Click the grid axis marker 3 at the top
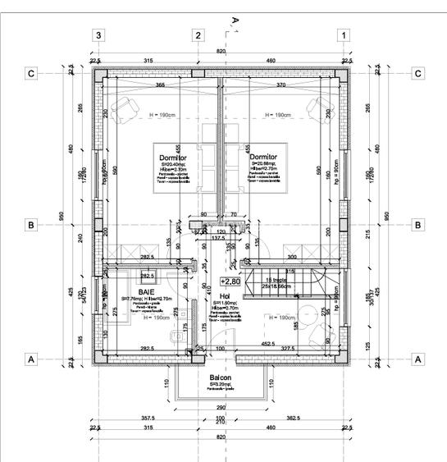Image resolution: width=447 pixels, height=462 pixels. (x=98, y=35)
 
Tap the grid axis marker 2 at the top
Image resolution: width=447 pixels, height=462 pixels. (x=198, y=35)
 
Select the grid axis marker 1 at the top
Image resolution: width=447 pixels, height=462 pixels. (x=344, y=35)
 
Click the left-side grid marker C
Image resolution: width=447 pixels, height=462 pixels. (x=30, y=74)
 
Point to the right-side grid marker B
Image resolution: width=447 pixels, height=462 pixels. (x=417, y=224)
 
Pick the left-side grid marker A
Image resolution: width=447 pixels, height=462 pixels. (x=30, y=359)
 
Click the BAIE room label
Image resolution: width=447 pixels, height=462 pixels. (x=147, y=290)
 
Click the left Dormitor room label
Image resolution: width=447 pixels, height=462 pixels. (x=179, y=156)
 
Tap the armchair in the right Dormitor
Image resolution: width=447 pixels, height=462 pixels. (x=316, y=105)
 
